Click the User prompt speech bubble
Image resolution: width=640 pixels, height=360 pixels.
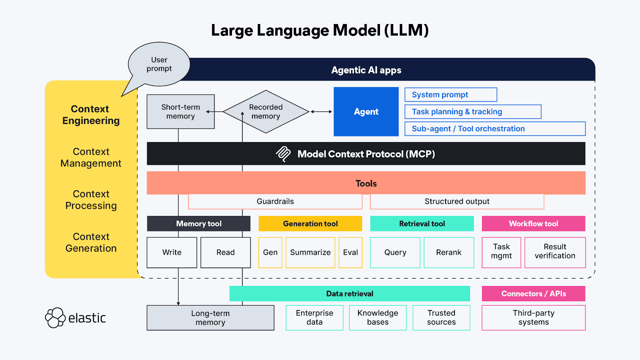pos(159,64)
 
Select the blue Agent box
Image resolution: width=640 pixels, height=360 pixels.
pos(366,112)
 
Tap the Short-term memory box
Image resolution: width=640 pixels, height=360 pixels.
pos(180,112)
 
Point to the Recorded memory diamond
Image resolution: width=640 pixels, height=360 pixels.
pos(266,112)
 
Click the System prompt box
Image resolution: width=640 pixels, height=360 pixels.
pos(451,95)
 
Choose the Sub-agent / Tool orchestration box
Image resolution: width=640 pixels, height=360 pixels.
pos(495,129)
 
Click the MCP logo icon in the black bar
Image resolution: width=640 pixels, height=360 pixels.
pos(284,154)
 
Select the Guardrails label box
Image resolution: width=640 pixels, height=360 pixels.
pos(275,202)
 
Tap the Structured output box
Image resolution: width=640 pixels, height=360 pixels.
pos(457,202)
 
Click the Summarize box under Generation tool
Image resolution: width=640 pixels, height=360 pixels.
pos(310,252)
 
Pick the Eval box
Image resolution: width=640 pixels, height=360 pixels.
pos(350,252)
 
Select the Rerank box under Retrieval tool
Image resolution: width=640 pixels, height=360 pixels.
pos(449,252)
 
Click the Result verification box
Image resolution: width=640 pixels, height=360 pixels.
pos(555,252)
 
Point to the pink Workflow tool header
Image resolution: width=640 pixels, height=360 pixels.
pos(533,224)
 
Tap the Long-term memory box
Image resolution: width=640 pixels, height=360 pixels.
pos(210,318)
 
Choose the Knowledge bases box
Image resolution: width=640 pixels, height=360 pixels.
pos(378,318)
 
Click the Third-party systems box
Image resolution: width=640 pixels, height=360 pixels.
pos(533,318)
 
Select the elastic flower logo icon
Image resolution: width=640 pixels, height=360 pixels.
pos(55,318)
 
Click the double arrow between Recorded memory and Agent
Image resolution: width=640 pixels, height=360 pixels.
pos(321,112)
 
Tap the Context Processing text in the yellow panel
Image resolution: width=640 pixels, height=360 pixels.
pos(91,200)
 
